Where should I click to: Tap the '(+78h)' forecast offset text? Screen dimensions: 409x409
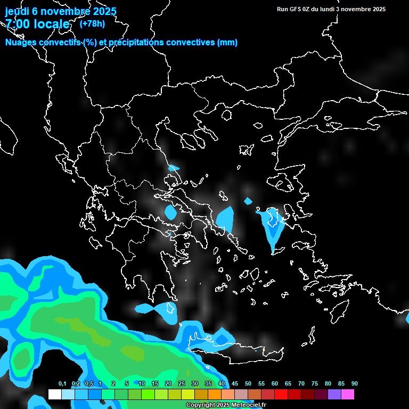[92, 23]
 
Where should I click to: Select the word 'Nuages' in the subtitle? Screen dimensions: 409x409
[22, 43]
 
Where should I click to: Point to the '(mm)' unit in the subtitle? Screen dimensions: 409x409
[227, 43]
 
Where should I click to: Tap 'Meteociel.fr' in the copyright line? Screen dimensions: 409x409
[248, 405]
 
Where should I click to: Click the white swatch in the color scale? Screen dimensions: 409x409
[54, 395]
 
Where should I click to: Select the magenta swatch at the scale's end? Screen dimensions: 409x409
[348, 395]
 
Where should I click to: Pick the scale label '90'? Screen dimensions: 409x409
[355, 384]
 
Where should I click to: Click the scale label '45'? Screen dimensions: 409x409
[235, 384]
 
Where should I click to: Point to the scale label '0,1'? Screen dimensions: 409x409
[62, 384]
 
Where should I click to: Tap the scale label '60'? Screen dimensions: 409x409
[275, 384]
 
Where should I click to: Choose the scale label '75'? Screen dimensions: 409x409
[315, 384]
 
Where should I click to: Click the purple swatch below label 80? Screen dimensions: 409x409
[334, 395]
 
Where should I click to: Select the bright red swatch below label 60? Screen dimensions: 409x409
[281, 395]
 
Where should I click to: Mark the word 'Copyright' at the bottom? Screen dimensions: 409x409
[201, 405]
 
